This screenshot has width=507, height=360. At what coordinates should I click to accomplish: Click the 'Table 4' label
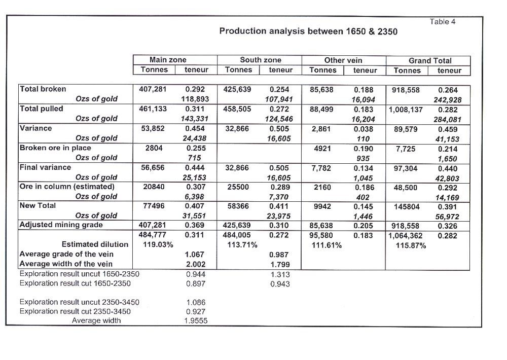pos(442,22)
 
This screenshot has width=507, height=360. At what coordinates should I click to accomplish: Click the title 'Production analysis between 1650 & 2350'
pos(308,31)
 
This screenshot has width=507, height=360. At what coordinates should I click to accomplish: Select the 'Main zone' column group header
pos(168,60)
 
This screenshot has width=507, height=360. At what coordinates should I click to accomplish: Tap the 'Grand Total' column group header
pos(430,61)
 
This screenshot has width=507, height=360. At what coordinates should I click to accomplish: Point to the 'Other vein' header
pos(343,60)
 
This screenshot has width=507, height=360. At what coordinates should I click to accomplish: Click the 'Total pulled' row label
pos(42,109)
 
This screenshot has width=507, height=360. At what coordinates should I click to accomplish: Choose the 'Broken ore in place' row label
pos(55,148)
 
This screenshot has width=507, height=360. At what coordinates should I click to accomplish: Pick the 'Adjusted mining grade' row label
pos(61,225)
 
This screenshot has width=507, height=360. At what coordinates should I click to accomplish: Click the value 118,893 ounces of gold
pos(195,99)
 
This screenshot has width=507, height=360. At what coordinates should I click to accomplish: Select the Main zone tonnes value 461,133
pos(153,109)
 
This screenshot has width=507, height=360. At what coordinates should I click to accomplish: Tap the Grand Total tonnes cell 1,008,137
pos(406,110)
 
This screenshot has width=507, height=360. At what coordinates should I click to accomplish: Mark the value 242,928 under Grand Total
pos(448,100)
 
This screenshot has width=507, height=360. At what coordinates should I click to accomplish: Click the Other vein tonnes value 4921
pos(322,149)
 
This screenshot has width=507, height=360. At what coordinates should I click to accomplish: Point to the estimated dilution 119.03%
pos(158,245)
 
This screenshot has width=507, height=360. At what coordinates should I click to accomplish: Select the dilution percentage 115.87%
pos(411,246)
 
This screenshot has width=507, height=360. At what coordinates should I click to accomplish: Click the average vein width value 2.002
pos(196,265)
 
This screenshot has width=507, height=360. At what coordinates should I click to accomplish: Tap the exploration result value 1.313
pos(280,275)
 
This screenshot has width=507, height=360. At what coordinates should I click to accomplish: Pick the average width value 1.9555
pos(196,321)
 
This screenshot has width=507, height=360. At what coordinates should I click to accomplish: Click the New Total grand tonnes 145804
pos(407,207)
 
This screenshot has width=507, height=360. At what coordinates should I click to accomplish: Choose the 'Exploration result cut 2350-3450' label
pos(75,311)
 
